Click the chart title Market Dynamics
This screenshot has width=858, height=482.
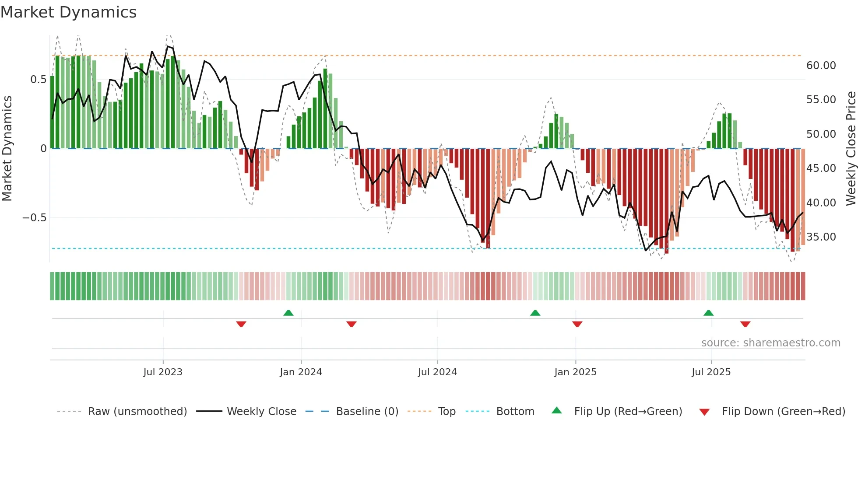[68, 12]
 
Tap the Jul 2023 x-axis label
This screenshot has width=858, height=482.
[163, 372]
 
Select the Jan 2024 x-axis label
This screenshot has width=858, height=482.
[301, 372]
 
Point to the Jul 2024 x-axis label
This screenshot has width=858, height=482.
[437, 372]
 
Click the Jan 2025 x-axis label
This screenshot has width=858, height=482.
[575, 372]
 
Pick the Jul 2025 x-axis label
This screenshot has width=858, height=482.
[711, 372]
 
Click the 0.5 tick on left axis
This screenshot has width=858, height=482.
[38, 80]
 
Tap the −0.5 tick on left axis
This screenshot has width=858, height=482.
[35, 218]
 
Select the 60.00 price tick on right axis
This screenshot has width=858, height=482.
[821, 66]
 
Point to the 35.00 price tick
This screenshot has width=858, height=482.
[821, 237]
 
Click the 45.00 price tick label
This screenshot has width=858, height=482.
[821, 168]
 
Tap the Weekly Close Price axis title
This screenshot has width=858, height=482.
[851, 149]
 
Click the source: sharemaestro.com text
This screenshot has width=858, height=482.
[770, 343]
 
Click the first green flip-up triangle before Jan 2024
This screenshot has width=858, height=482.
[288, 313]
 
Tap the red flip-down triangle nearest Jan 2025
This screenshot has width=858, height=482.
[577, 324]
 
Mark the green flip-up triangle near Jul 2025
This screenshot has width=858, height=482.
[708, 313]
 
